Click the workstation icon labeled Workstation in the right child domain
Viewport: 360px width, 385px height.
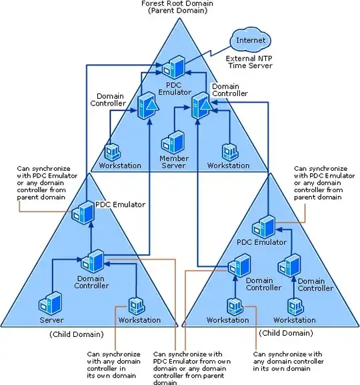click(233, 306)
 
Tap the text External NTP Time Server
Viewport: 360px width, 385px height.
click(252, 63)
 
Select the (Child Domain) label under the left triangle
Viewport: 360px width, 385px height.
click(76, 334)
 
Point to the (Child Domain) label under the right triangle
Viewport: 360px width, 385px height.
click(285, 333)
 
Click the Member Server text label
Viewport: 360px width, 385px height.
click(174, 162)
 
